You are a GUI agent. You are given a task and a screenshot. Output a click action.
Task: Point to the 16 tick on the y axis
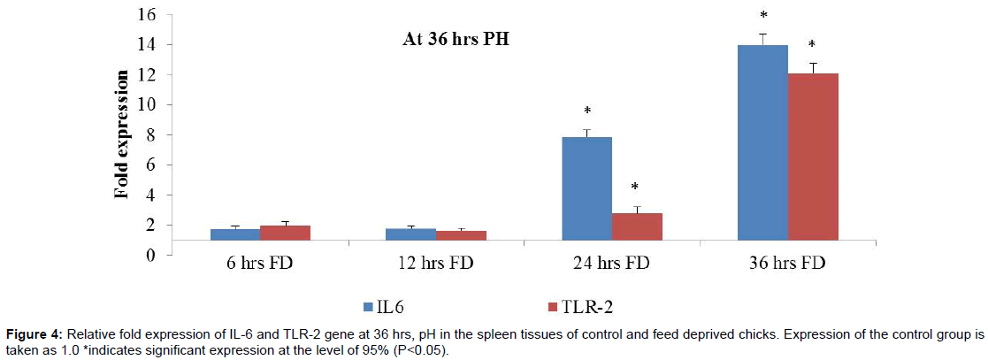click(x=147, y=15)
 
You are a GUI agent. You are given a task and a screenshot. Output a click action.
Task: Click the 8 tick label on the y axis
click(x=151, y=135)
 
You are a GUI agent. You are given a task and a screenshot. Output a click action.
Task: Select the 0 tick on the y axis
click(x=151, y=256)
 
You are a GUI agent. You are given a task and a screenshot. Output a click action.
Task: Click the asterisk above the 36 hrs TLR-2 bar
click(x=812, y=45)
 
